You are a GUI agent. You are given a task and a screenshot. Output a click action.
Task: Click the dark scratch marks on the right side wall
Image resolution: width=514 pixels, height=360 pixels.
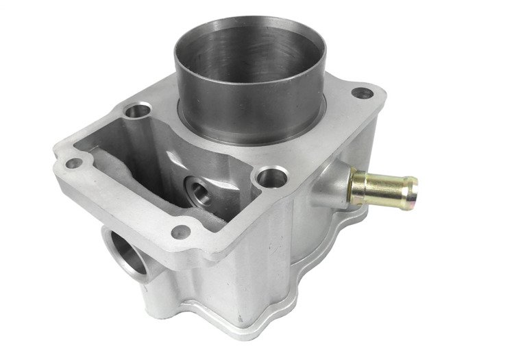coord(274,240)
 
